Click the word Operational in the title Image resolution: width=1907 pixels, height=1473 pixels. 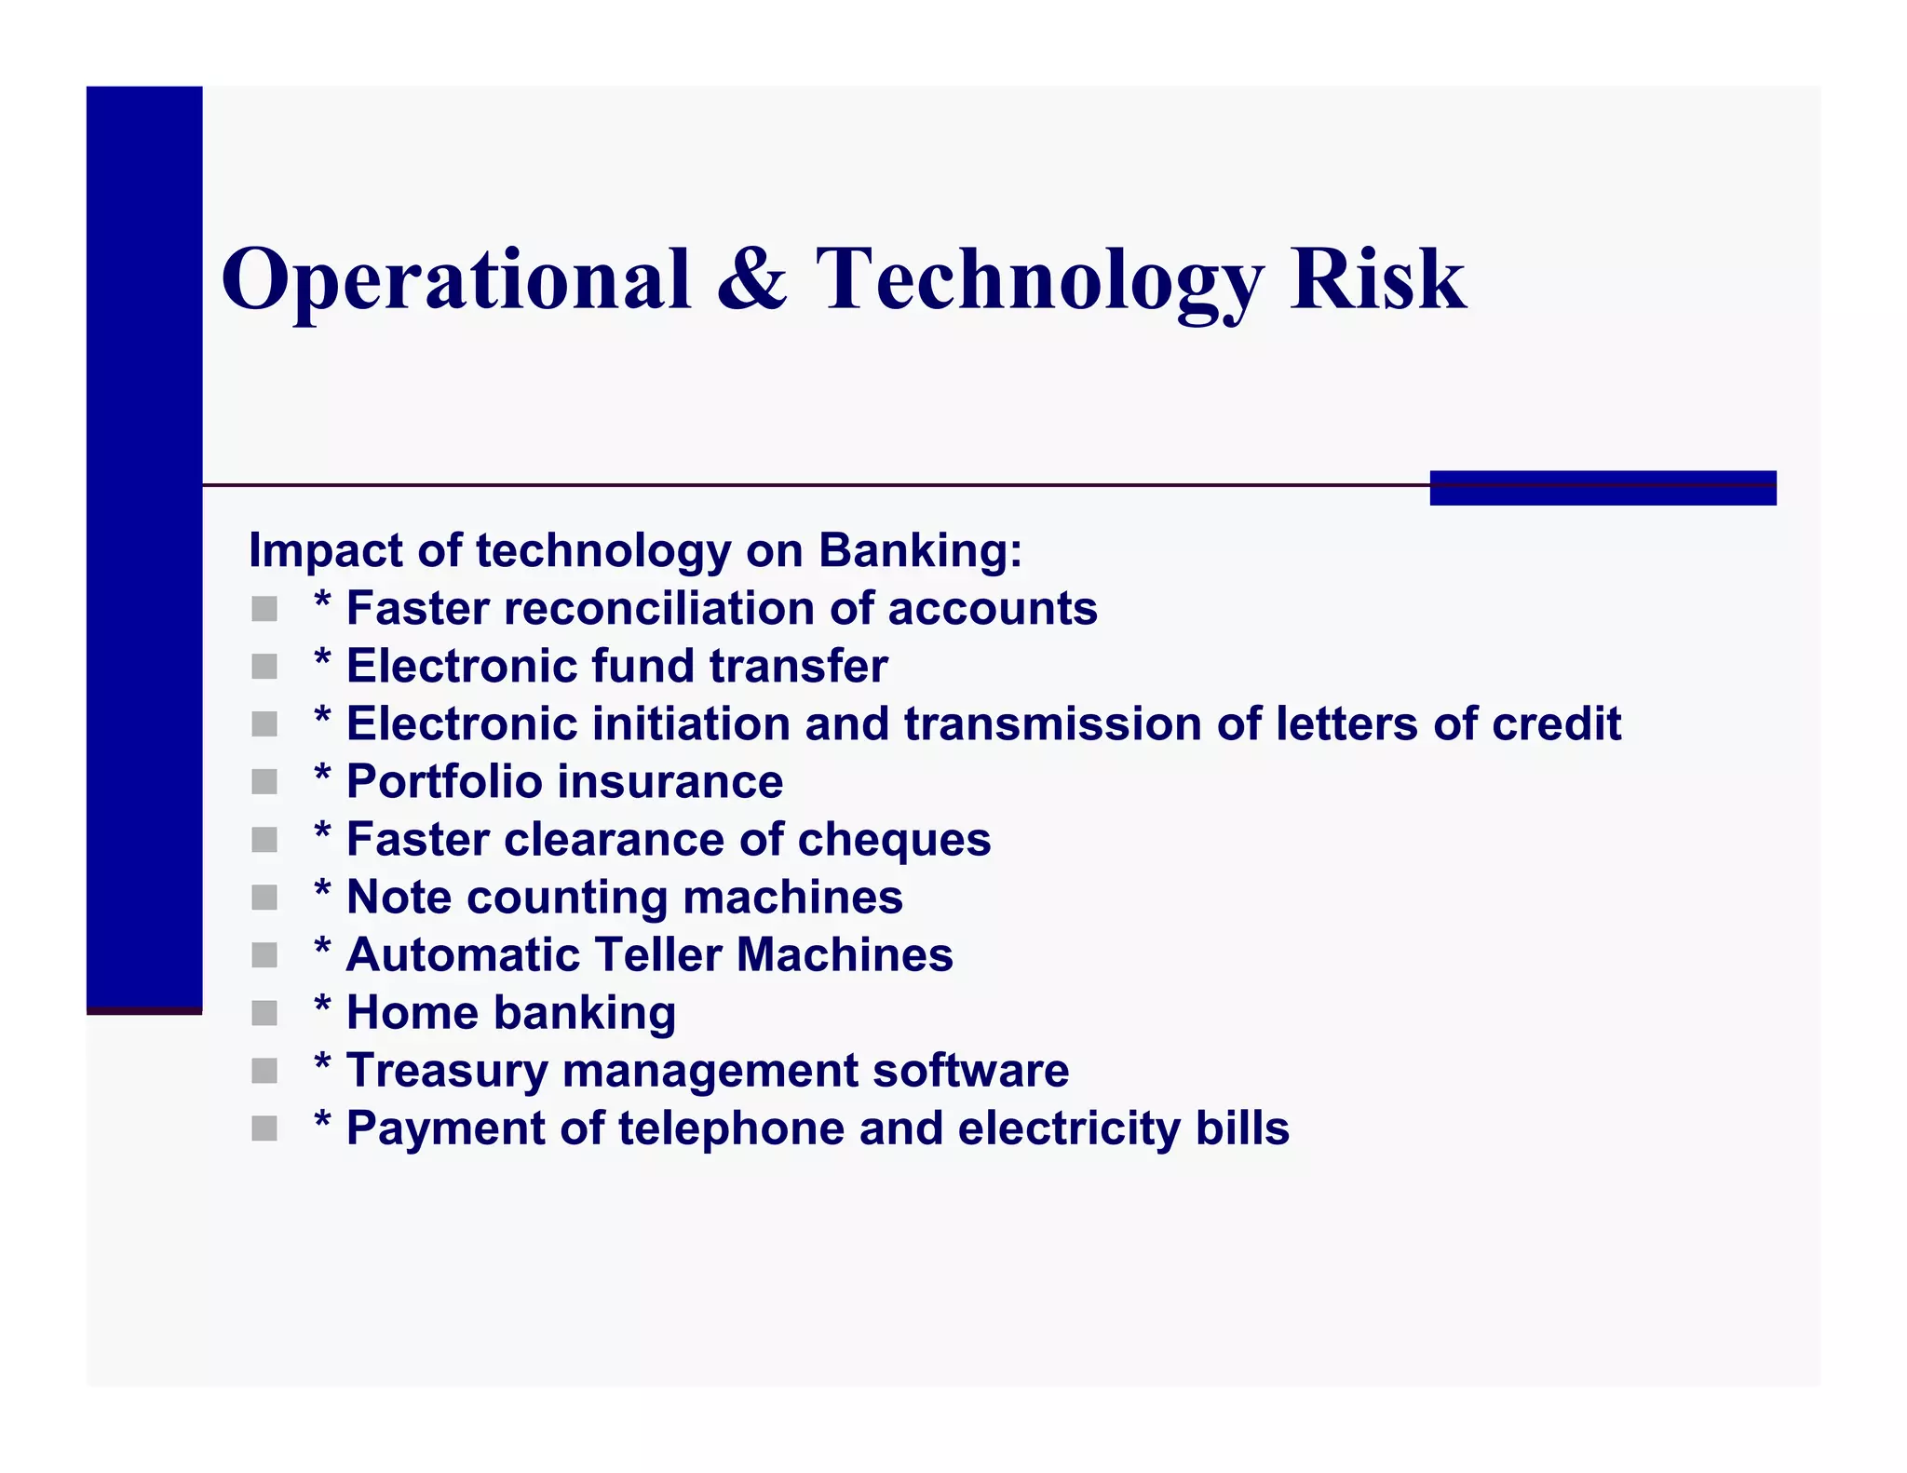pos(456,279)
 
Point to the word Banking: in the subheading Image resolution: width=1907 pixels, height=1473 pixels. pos(920,550)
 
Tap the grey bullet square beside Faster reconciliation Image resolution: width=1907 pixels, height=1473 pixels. pos(264,610)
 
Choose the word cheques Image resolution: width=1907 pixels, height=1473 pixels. pos(894,840)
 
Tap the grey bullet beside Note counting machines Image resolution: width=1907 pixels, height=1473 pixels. pos(264,899)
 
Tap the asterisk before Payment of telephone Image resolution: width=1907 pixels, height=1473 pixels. pos(322,1120)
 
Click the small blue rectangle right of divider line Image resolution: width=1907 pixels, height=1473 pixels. pos(1603,488)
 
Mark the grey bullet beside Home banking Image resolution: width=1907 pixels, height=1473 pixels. pos(264,1014)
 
